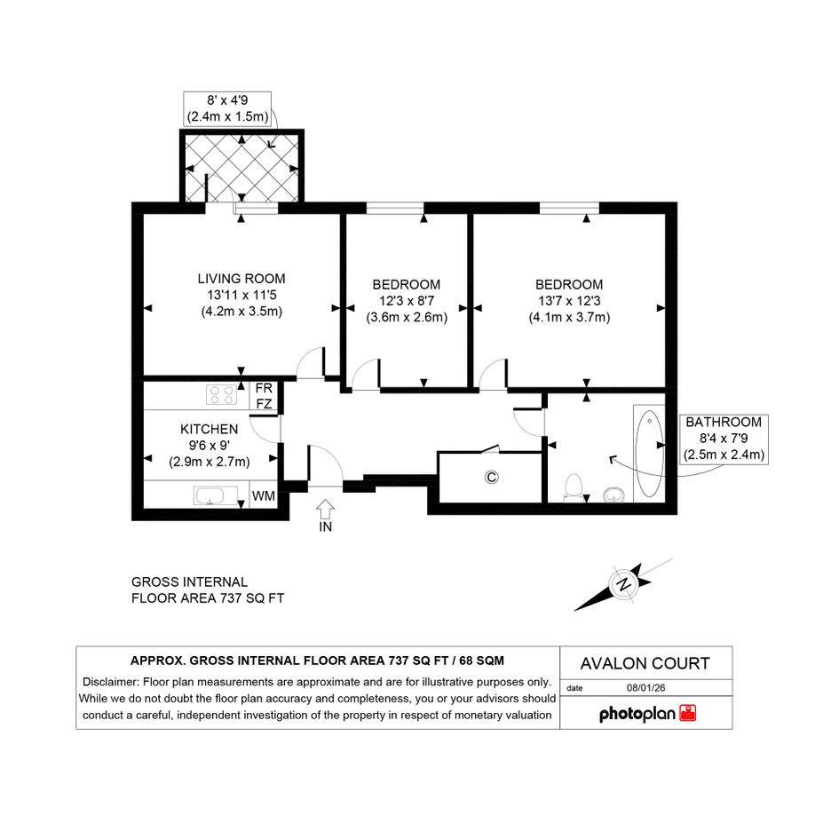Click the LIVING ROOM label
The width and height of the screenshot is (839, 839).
(x=241, y=279)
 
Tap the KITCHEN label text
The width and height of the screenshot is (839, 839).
(x=210, y=429)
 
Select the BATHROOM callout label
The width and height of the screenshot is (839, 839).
(x=724, y=423)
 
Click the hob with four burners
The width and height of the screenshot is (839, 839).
(x=222, y=395)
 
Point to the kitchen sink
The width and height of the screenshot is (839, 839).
(x=216, y=495)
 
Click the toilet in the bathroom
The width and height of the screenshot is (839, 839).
(x=574, y=487)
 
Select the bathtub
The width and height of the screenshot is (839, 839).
(x=649, y=455)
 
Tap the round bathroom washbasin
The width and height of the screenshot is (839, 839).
(x=614, y=495)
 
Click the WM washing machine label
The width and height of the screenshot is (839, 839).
(x=264, y=496)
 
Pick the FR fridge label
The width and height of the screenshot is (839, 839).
(x=264, y=388)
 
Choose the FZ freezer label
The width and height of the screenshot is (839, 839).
(x=264, y=404)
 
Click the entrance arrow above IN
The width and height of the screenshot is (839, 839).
(x=325, y=509)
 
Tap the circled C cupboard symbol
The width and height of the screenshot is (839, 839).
(x=491, y=477)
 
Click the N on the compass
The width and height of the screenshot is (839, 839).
(x=624, y=584)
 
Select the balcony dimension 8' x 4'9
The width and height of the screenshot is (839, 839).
(x=227, y=100)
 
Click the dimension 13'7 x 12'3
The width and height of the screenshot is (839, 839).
(x=569, y=301)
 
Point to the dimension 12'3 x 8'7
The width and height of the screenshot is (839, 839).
(x=407, y=301)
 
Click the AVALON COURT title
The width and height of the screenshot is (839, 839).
(x=645, y=663)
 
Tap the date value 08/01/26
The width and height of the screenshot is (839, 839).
(x=645, y=688)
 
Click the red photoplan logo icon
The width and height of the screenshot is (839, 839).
(x=687, y=713)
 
